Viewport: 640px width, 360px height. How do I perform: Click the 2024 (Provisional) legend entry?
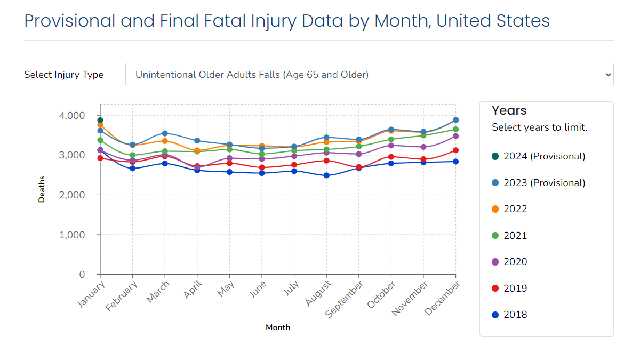click(x=538, y=156)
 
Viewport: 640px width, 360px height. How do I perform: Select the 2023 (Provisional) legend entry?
click(x=538, y=183)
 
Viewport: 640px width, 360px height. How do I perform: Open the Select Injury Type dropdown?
click(x=369, y=75)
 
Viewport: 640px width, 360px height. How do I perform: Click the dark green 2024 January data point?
click(x=100, y=121)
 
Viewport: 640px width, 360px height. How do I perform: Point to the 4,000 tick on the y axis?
click(x=71, y=115)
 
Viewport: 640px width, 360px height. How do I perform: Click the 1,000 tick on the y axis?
click(x=71, y=235)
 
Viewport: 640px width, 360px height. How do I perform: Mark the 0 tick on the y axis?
click(x=82, y=275)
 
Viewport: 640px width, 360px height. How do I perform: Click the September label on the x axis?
click(x=345, y=299)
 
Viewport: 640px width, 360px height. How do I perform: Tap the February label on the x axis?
click(x=122, y=296)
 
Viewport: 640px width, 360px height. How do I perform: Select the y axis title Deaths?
click(x=42, y=189)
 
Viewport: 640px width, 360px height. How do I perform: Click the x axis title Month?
click(x=278, y=327)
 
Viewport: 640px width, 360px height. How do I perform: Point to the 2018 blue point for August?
click(x=326, y=175)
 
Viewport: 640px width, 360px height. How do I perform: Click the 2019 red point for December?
click(x=455, y=150)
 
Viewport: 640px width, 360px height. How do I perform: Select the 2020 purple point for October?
click(x=391, y=146)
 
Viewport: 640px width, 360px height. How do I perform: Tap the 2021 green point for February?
click(x=132, y=156)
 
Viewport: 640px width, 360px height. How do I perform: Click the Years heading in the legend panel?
click(x=509, y=110)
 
